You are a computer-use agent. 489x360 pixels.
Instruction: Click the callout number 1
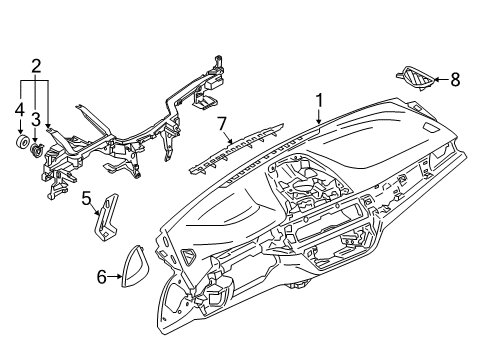pos(319,100)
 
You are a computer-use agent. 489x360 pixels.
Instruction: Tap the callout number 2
pos(35,67)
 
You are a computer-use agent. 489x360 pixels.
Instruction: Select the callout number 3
pos(35,120)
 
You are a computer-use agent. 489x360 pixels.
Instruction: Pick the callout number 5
pos(87,198)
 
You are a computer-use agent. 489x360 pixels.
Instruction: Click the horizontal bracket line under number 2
pos(35,79)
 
